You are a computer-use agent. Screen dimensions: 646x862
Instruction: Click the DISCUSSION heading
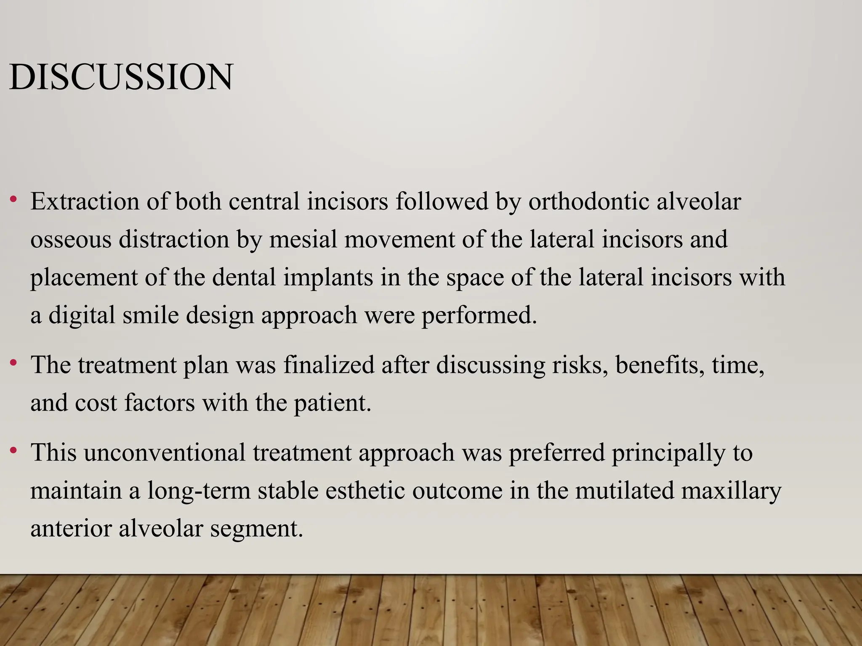point(121,77)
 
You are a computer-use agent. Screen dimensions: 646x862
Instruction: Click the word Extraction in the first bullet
point(85,201)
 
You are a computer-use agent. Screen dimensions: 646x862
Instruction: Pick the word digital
point(82,315)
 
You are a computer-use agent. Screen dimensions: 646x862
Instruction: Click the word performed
point(479,315)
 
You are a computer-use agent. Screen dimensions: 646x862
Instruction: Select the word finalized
point(329,365)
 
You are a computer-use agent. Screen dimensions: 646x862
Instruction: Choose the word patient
point(332,403)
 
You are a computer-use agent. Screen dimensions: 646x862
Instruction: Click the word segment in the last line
point(256,529)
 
